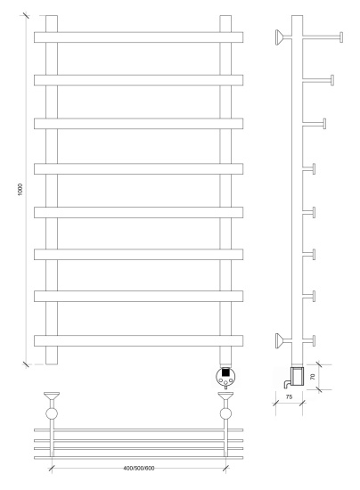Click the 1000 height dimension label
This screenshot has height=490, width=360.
[x=20, y=190]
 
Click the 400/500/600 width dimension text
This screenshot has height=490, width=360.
[x=139, y=468]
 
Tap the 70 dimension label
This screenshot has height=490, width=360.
[x=313, y=377]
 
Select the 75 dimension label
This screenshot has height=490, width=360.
[x=289, y=396]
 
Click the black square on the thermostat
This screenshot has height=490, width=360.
[x=225, y=372]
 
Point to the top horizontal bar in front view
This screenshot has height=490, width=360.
[x=138, y=37]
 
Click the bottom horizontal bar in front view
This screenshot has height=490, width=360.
[x=138, y=340]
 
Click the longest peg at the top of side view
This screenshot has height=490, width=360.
[x=323, y=37]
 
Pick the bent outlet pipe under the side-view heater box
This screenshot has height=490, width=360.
[x=287, y=383]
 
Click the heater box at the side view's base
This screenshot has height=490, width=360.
[x=298, y=376]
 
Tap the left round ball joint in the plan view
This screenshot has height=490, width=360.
[x=52, y=413]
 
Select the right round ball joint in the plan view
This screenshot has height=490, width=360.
[x=225, y=413]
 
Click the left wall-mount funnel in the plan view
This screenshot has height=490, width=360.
[x=52, y=396]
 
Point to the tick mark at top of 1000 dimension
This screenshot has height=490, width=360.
[x=26, y=15]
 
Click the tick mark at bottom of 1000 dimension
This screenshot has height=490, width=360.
[x=26, y=364]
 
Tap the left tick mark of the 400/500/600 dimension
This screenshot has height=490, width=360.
[x=52, y=468]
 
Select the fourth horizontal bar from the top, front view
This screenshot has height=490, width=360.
[x=138, y=168]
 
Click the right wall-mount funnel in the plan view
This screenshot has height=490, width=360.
[x=225, y=396]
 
